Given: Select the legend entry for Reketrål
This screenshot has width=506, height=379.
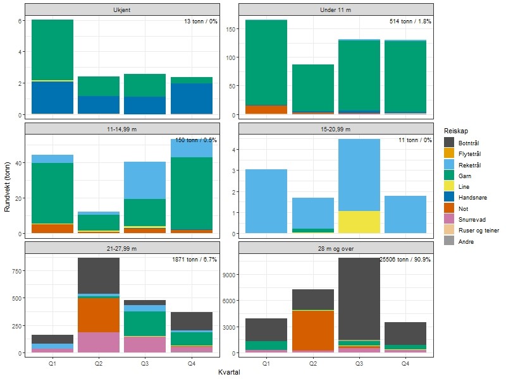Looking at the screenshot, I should point(467,165).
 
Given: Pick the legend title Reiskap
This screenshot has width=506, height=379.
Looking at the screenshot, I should point(457,130).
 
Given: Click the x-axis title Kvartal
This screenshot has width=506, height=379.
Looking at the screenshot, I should point(228,372).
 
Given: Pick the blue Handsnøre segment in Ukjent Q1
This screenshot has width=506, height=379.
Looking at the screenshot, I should point(52,98).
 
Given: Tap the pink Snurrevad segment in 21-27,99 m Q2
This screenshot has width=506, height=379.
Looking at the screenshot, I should point(99,342).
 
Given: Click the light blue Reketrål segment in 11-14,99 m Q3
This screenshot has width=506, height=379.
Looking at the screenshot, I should point(145,181).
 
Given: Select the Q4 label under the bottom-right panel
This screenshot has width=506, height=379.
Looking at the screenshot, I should point(405,364).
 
